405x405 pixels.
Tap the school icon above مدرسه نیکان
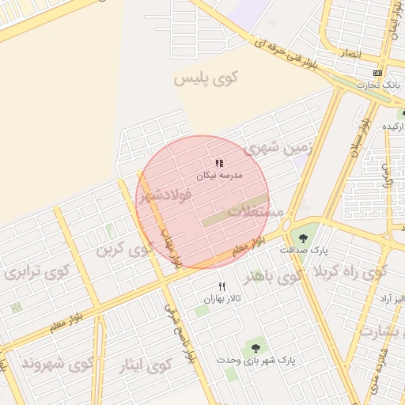click(219, 163)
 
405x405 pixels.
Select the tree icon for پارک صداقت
click(302, 237)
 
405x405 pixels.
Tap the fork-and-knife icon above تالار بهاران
click(222, 286)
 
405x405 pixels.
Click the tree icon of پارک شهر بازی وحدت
click(255, 347)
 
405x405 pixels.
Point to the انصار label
click(349, 55)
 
